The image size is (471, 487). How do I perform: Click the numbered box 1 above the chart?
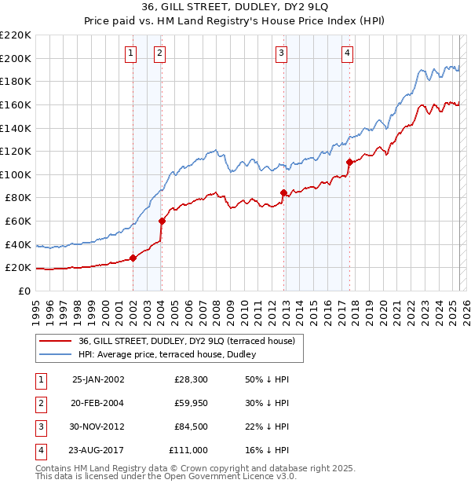[130, 53]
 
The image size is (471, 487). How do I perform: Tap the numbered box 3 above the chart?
[281, 53]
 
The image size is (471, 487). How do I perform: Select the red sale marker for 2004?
[161, 221]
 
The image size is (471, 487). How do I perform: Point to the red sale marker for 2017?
[349, 162]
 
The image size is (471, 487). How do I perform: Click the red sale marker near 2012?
[283, 192]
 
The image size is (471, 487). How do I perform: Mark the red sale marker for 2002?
[133, 258]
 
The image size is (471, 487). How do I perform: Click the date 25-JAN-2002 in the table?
[98, 379]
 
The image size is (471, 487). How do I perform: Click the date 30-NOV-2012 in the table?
[98, 427]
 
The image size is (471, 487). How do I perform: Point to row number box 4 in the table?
[38, 450]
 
